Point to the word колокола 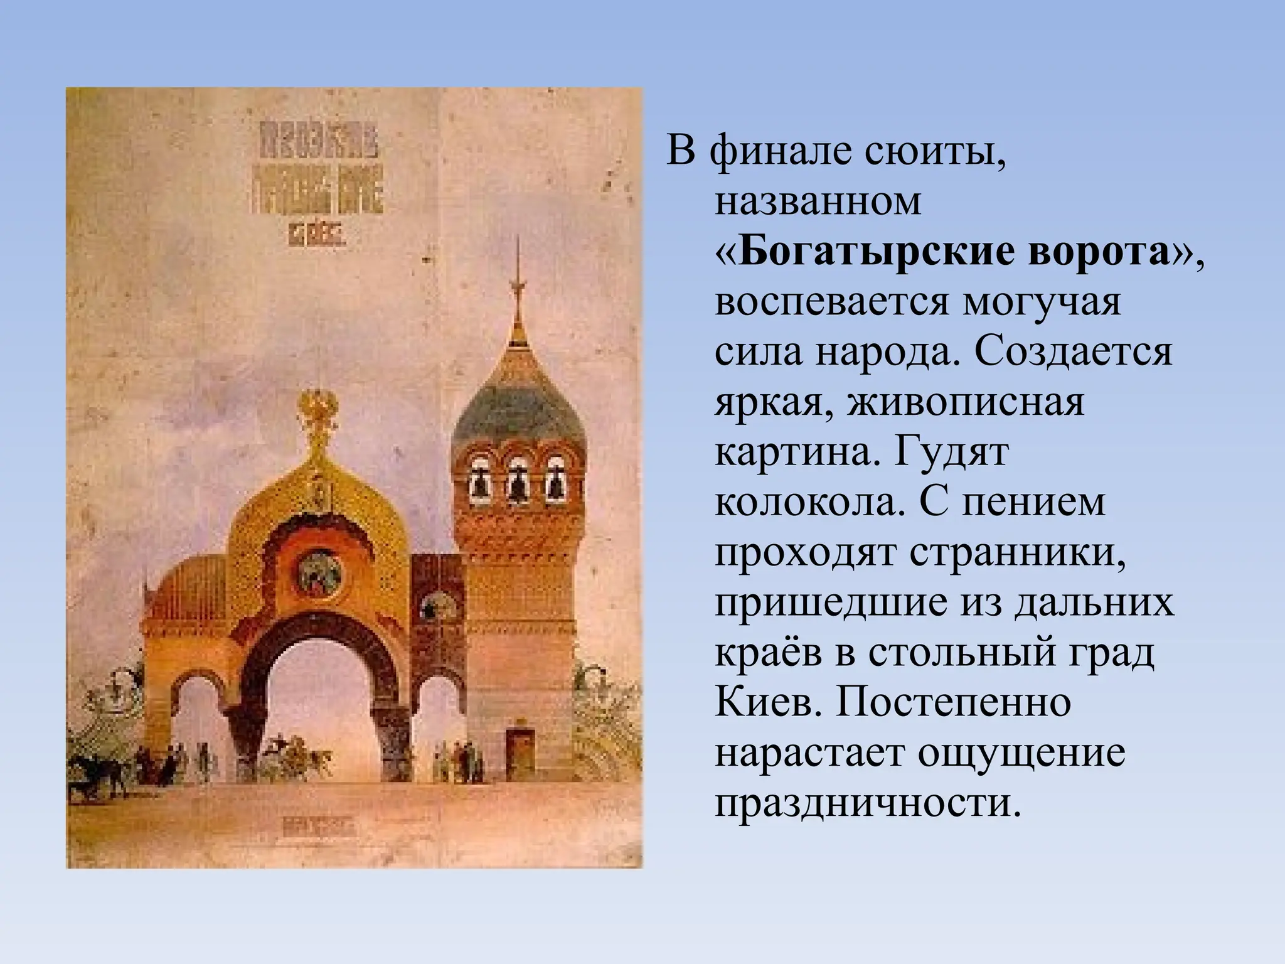pos(809,502)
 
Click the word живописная pos(966,402)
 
